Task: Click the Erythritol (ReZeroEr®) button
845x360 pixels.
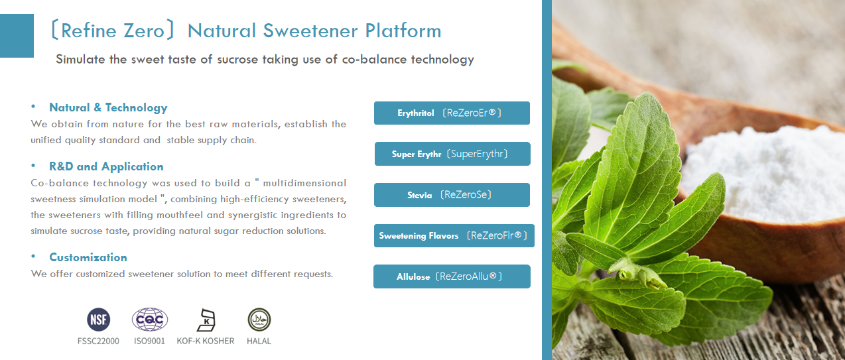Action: [452, 113]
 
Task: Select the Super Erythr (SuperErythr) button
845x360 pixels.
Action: [452, 154]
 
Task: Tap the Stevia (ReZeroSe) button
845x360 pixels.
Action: [452, 195]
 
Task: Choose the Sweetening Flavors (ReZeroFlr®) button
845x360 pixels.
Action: [454, 235]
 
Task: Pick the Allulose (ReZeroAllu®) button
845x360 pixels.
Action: [452, 276]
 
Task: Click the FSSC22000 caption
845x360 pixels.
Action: [98, 341]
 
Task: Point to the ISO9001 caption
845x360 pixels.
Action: [149, 341]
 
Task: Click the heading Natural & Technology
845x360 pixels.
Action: [108, 107]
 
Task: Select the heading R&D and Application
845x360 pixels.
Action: [106, 166]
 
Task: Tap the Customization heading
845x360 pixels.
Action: [88, 257]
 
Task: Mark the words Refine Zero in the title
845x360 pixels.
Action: [113, 30]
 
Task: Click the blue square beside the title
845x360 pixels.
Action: [17, 36]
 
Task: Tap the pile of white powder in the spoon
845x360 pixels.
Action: [763, 166]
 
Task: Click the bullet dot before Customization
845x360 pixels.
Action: [33, 257]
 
